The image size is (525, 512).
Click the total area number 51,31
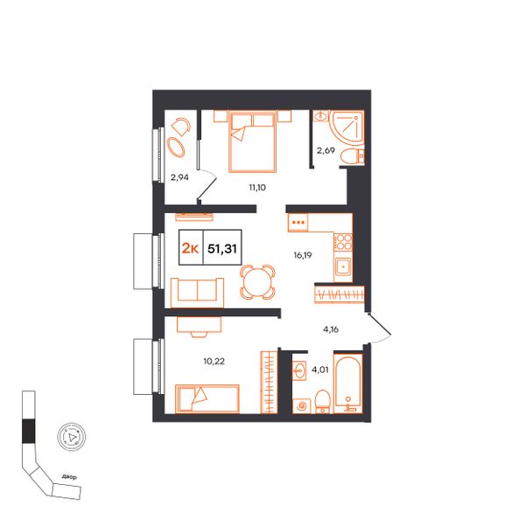tap(222, 248)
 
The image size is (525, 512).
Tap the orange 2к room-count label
tap(190, 248)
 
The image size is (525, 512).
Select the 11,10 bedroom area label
tap(257, 188)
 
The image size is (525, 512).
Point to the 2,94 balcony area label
tap(179, 177)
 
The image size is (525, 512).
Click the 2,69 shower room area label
tap(325, 150)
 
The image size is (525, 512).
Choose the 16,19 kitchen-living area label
tap(303, 255)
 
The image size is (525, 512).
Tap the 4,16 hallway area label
tap(331, 329)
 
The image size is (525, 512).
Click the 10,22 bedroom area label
tap(214, 361)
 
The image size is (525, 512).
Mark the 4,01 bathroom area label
tap(320, 370)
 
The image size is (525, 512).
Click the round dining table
tap(257, 281)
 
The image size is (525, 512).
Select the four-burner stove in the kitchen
tap(343, 242)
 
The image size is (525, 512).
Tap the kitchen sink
tap(343, 266)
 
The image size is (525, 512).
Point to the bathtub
tap(348, 384)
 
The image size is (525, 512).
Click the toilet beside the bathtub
tap(323, 401)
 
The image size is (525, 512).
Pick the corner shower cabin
tap(346, 128)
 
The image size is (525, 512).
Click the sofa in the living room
tap(197, 293)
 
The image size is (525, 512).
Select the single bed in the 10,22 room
tap(207, 398)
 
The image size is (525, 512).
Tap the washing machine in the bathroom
tap(302, 405)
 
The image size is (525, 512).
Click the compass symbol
tap(72, 436)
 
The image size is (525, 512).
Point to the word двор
tap(69, 476)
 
